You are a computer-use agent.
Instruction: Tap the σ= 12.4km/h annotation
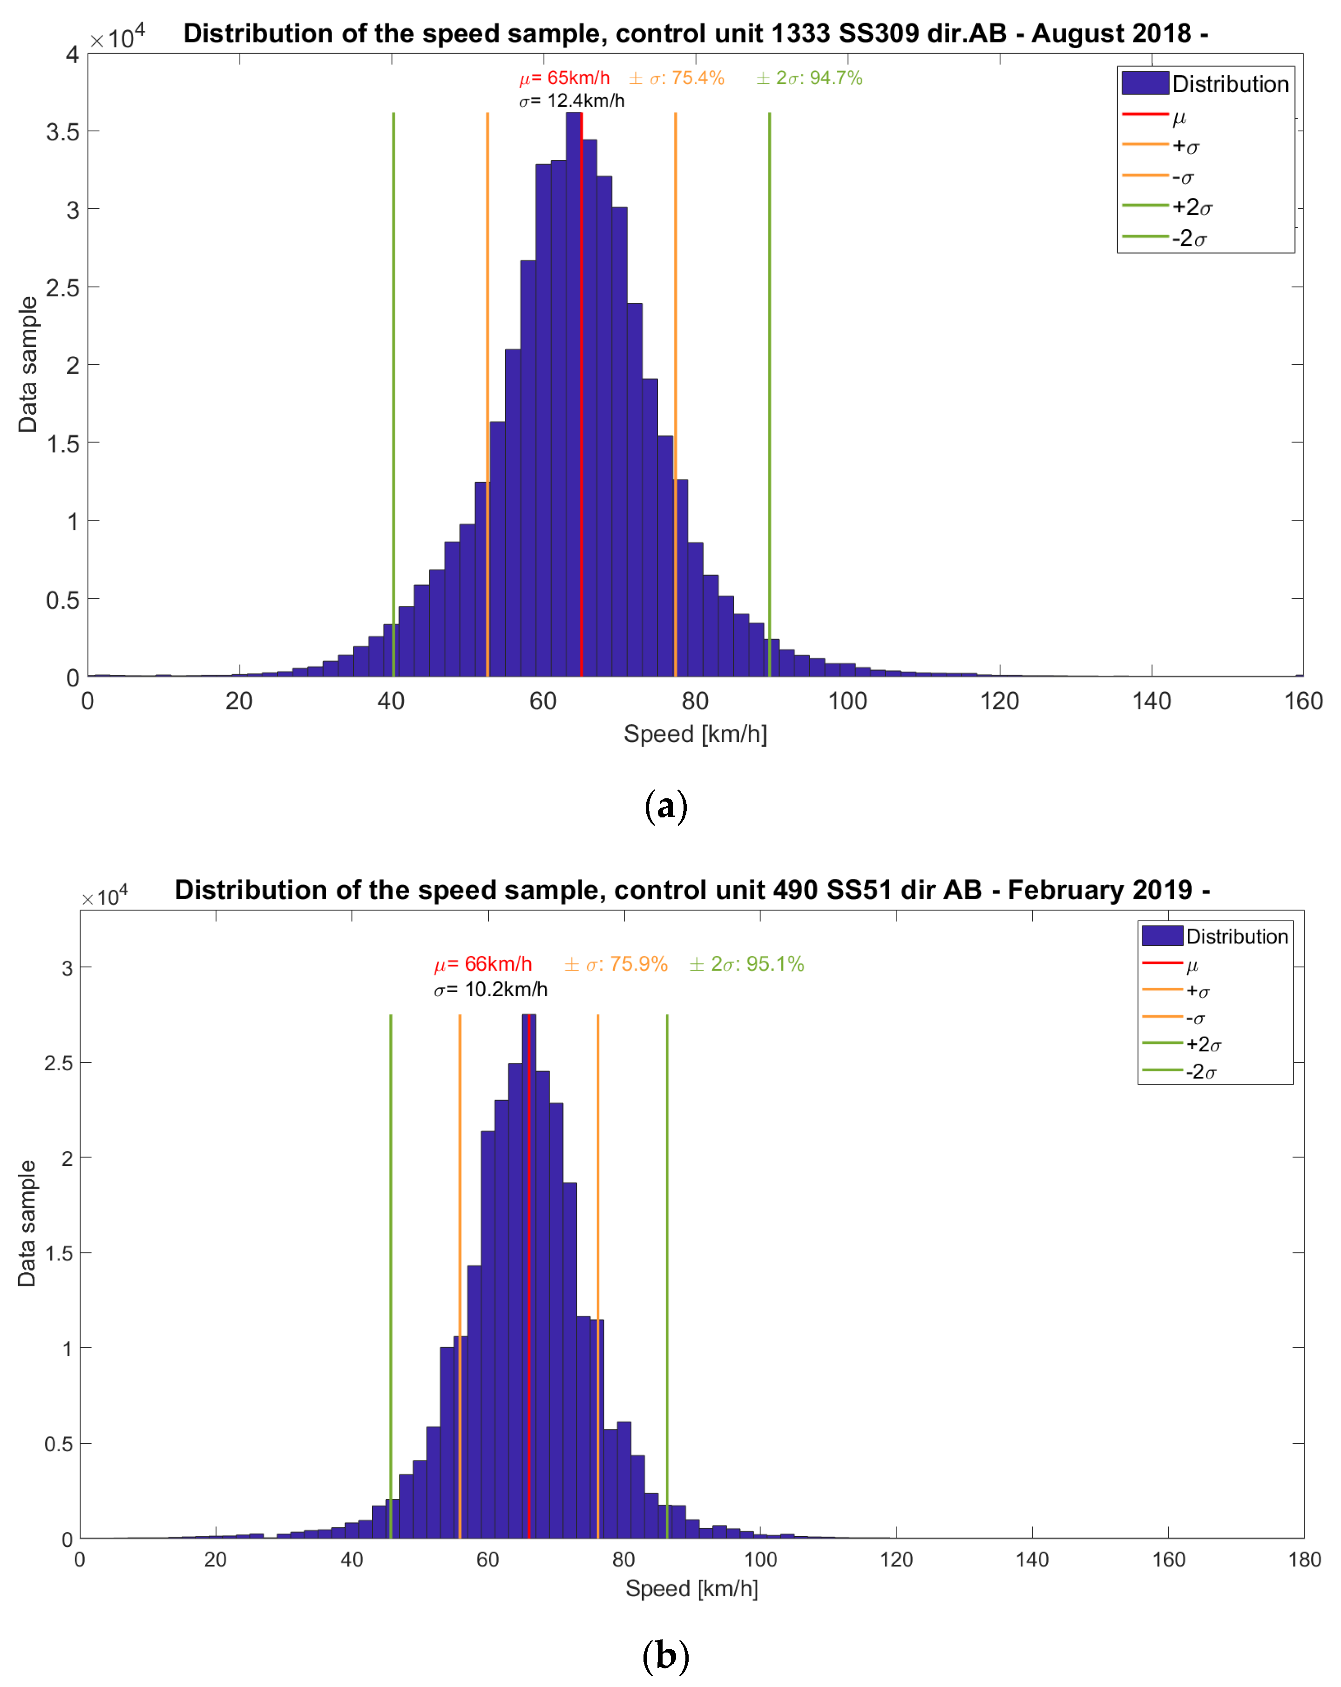pos(572,101)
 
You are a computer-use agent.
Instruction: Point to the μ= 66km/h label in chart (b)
pos(483,964)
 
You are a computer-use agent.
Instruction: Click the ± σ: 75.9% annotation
pos(616,964)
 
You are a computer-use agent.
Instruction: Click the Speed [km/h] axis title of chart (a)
pos(695,734)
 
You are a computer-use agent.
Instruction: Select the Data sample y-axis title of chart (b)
pos(27,1223)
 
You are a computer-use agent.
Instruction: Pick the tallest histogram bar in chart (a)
pos(574,391)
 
